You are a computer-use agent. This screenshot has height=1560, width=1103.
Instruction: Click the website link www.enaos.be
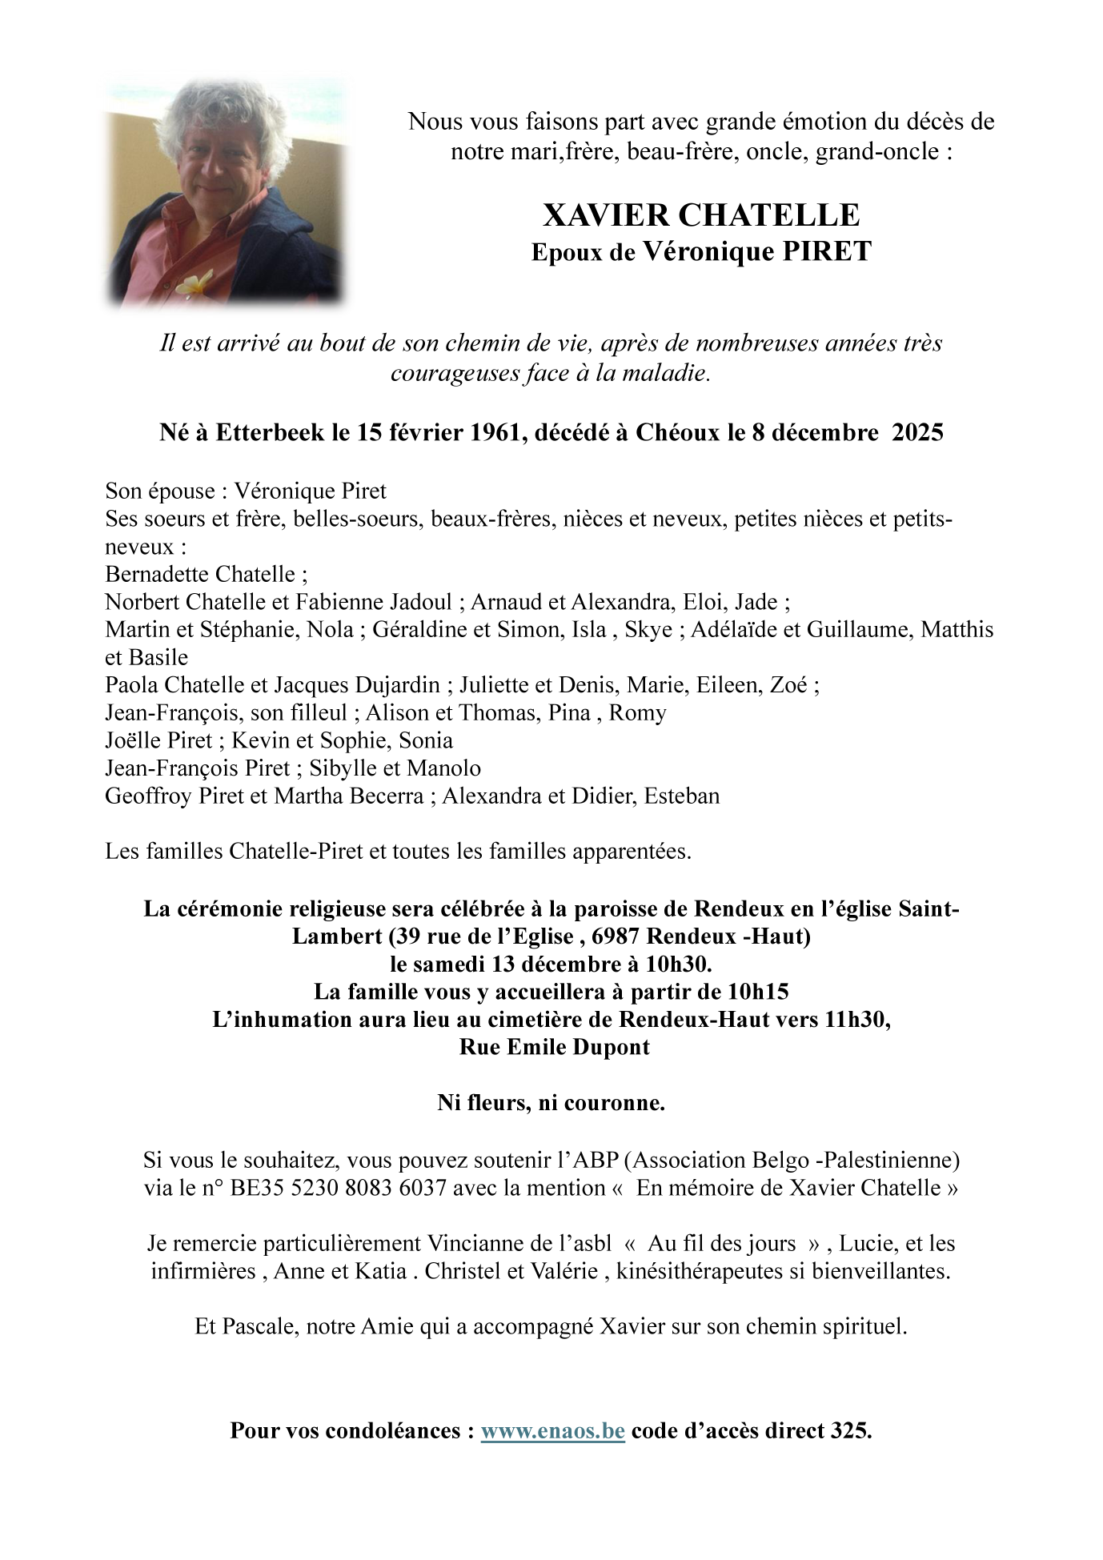tap(552, 1430)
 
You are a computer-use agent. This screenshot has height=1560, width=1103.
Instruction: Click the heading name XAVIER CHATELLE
tap(701, 215)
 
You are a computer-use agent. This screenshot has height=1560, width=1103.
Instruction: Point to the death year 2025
tap(917, 432)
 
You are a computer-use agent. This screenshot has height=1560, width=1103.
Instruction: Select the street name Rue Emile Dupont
tap(554, 1047)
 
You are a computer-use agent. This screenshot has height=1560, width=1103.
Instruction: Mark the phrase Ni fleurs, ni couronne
tap(551, 1103)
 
